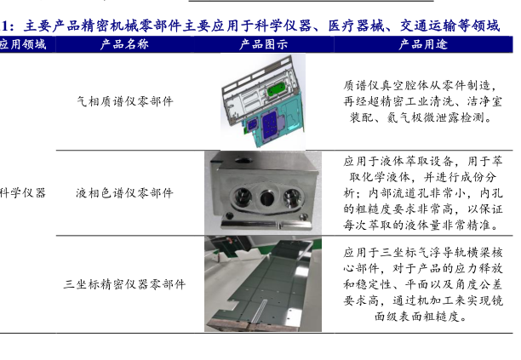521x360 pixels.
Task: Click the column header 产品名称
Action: pos(124,44)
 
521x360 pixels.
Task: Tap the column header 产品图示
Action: pos(264,44)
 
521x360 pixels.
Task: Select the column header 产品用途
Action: pos(423,44)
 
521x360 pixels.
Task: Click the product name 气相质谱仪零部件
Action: pos(125,101)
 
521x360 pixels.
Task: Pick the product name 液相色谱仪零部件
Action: pos(124,193)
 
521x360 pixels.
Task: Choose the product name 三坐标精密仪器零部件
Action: pos(124,284)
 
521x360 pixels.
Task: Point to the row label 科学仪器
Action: pos(23,193)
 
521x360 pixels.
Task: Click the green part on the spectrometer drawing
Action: pos(276,89)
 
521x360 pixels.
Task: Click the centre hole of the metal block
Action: pos(266,198)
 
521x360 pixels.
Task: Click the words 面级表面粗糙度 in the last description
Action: pos(416,317)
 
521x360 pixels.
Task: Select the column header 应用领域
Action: pos(23,44)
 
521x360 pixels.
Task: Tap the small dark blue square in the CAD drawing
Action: pos(253,124)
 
